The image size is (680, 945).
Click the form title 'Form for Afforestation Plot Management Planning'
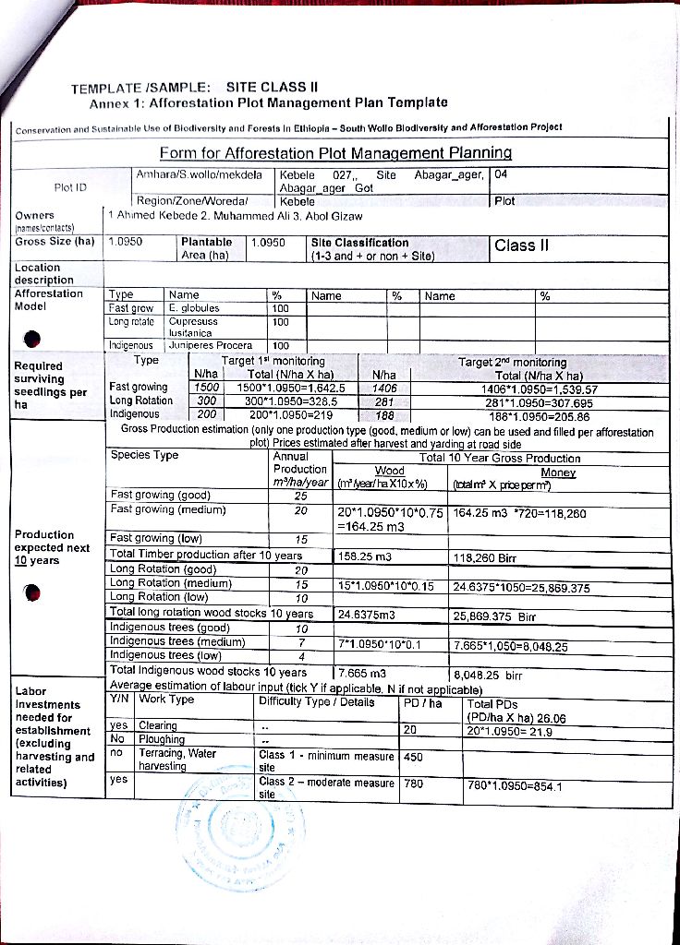336,152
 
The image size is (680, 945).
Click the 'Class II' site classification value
522,245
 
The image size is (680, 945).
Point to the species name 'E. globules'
194,308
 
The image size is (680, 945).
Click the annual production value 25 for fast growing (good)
300,496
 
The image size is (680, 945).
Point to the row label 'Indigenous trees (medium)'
177,641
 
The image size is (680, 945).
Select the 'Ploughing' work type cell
162,739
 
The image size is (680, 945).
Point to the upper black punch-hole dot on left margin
33,338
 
